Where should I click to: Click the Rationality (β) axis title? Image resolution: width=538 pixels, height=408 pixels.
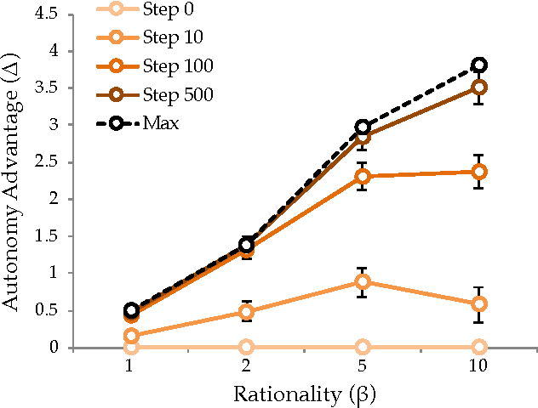tap(305, 394)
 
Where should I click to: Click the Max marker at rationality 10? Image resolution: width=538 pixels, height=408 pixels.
tap(479, 65)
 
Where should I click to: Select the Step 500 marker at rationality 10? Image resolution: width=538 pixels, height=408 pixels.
tap(479, 87)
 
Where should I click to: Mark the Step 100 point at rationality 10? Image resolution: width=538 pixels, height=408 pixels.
tap(479, 172)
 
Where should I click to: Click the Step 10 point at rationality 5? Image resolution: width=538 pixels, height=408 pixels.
tap(363, 281)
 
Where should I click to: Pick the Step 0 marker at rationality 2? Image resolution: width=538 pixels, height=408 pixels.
tap(247, 347)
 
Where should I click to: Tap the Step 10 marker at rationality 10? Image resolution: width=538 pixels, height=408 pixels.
tap(479, 303)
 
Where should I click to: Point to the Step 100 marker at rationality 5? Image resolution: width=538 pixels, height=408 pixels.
tap(363, 176)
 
